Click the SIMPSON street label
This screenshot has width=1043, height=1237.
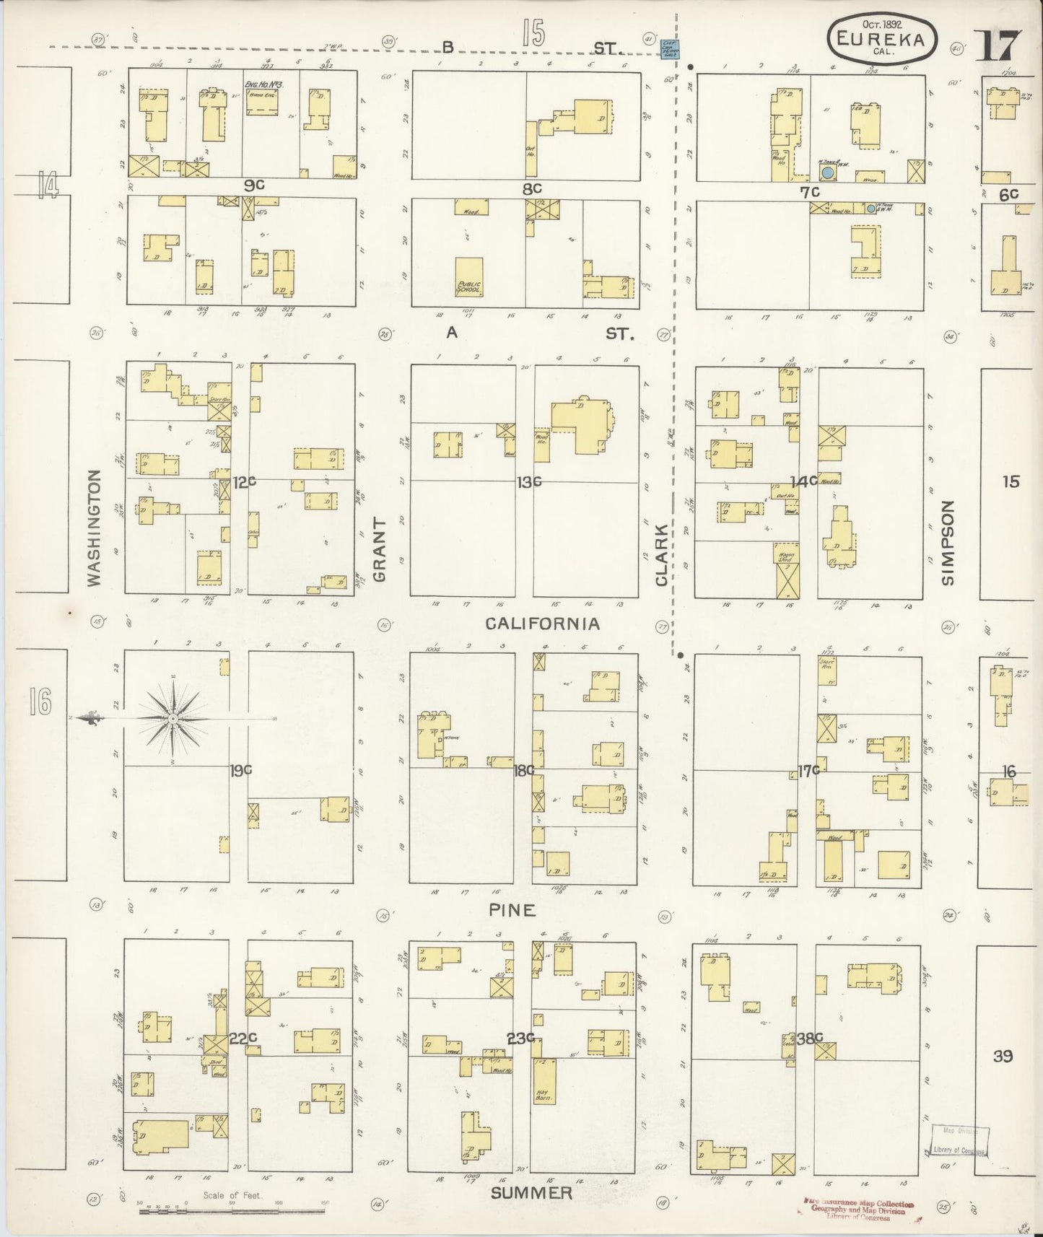click(x=947, y=542)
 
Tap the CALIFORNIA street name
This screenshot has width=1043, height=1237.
click(x=542, y=624)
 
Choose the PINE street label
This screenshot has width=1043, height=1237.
click(x=512, y=911)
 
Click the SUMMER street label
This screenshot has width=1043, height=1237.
click(x=531, y=1193)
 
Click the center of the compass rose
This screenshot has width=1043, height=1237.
click(x=173, y=720)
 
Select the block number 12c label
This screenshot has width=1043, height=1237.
click(x=244, y=481)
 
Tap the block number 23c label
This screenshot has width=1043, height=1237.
click(x=520, y=1039)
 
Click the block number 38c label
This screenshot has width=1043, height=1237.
click(x=810, y=1038)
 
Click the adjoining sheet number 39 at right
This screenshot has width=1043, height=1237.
click(x=1002, y=1056)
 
